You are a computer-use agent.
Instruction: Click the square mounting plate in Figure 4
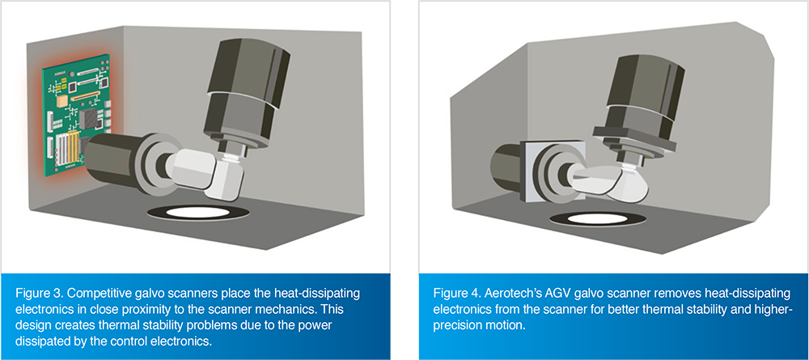pos(548,169)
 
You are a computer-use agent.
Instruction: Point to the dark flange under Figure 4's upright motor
pos(634,135)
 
